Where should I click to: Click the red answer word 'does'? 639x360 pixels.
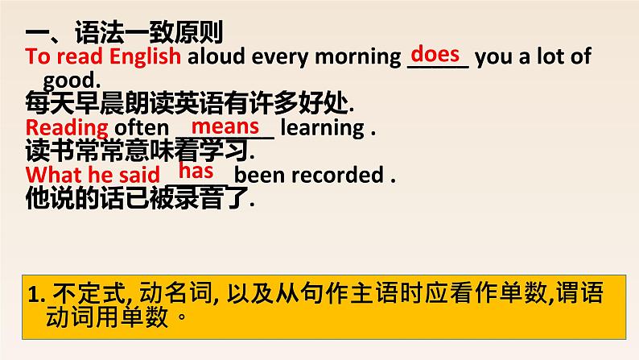pyautogui.click(x=435, y=54)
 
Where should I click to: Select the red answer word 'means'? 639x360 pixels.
pyautogui.click(x=225, y=126)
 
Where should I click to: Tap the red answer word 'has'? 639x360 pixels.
pyautogui.click(x=196, y=171)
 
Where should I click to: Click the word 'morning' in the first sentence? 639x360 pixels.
pyautogui.click(x=358, y=58)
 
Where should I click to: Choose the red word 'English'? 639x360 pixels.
pyautogui.click(x=145, y=56)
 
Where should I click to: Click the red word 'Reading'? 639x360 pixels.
pyautogui.click(x=67, y=128)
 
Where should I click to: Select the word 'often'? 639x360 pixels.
pyautogui.click(x=142, y=127)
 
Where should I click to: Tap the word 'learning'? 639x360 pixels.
pyautogui.click(x=323, y=128)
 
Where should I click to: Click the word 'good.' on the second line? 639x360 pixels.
pyautogui.click(x=72, y=81)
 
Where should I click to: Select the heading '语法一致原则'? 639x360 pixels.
pyautogui.click(x=149, y=32)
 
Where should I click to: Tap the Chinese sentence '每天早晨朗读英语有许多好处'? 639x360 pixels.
pyautogui.click(x=187, y=103)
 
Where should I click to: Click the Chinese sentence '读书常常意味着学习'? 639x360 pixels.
pyautogui.click(x=138, y=150)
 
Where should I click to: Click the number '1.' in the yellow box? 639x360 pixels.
pyautogui.click(x=36, y=294)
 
